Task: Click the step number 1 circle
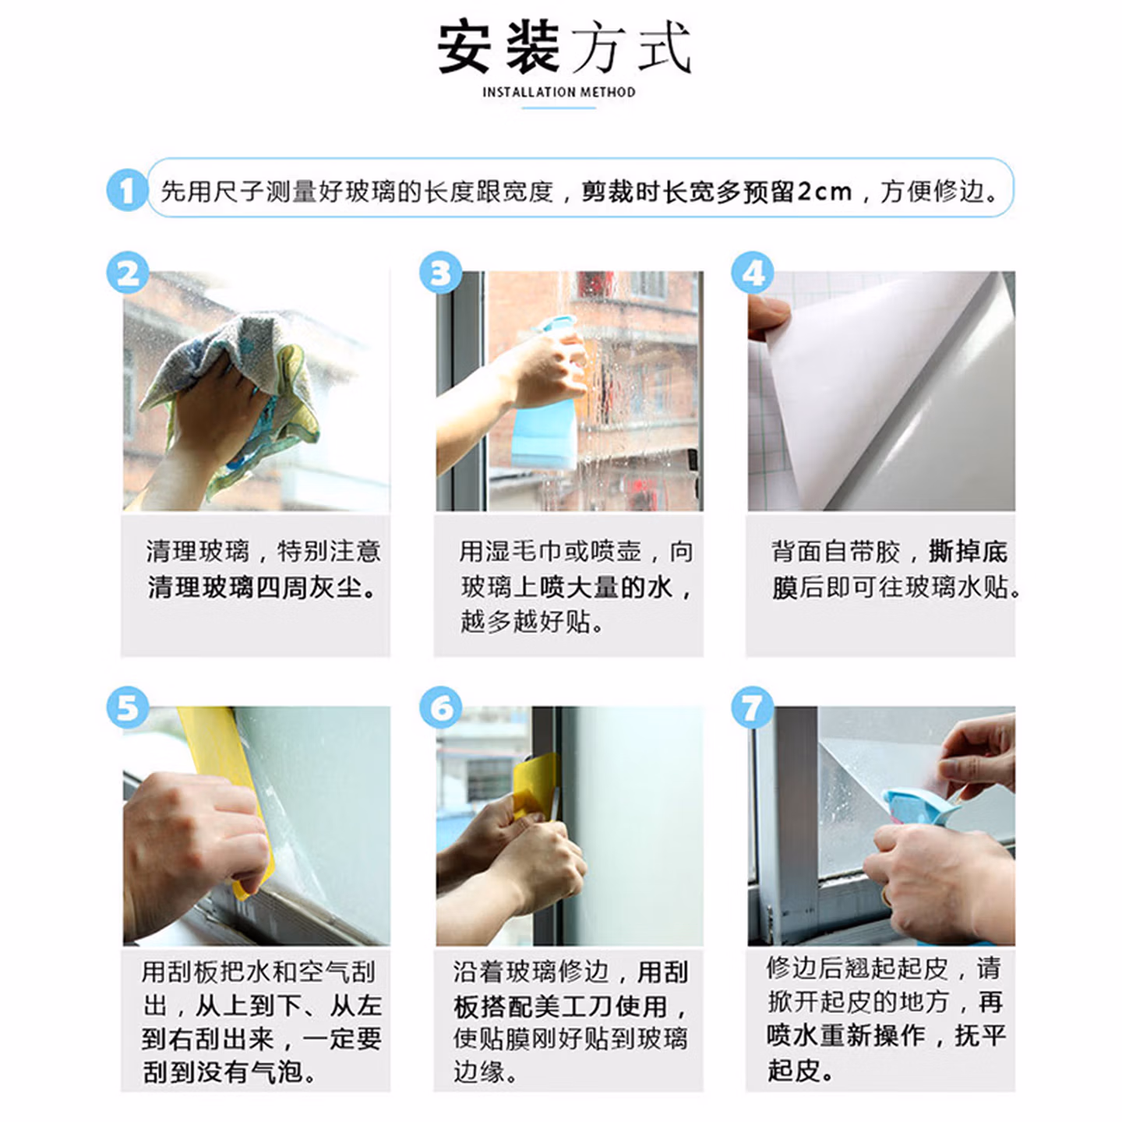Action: [127, 190]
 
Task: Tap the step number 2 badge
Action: [128, 273]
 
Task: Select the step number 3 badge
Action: [441, 273]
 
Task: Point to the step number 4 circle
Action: [753, 273]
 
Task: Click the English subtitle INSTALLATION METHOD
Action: [559, 92]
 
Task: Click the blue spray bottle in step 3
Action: [547, 402]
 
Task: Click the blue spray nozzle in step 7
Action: [920, 810]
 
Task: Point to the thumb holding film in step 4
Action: [767, 316]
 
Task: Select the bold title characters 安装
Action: [499, 48]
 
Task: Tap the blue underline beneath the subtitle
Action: [559, 108]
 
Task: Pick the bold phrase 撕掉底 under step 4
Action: [969, 552]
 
